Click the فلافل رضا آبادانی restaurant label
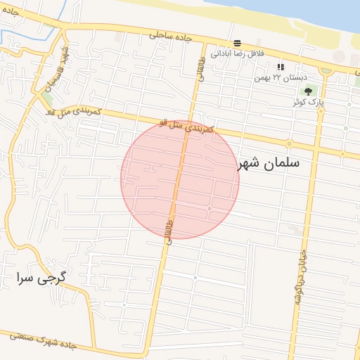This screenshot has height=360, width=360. pyautogui.click(x=238, y=53)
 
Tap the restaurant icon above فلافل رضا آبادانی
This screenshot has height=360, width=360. pyautogui.click(x=238, y=43)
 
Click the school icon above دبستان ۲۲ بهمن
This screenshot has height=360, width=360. pyautogui.click(x=281, y=66)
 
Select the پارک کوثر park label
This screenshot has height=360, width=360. pyautogui.click(x=308, y=101)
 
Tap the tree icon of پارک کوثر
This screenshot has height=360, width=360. pyautogui.click(x=308, y=90)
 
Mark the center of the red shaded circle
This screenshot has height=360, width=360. pyautogui.click(x=180, y=179)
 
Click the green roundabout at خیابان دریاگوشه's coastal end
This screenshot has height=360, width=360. pyautogui.click(x=325, y=71)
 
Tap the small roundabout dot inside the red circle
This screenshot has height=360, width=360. pyautogui.click(x=210, y=209)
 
